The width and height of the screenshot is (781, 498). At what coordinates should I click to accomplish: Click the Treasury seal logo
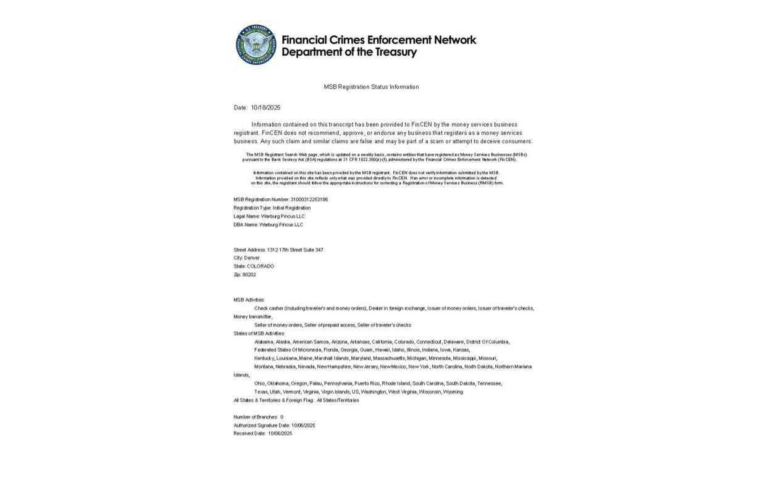256,45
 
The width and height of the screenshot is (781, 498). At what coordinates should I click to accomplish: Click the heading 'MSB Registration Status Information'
371,87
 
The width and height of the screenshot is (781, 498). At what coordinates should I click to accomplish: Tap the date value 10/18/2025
265,108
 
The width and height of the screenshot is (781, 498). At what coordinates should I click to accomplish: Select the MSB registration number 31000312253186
309,200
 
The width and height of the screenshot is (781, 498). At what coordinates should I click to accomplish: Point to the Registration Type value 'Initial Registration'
291,208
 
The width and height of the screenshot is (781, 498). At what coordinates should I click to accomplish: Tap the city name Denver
252,258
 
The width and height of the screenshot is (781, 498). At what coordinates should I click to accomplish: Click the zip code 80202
249,275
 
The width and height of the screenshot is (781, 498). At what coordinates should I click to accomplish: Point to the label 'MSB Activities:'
249,300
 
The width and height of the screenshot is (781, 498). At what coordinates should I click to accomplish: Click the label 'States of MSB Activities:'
259,334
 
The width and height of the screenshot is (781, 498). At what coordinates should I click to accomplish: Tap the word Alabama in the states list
264,342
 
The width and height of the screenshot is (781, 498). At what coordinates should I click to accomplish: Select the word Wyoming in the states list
453,392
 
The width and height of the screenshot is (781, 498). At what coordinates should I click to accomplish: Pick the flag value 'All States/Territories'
338,400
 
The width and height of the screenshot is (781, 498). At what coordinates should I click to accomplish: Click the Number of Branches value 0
282,417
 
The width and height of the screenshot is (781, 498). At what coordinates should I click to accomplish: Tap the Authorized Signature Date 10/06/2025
303,426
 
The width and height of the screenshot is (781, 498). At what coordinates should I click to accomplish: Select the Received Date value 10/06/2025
280,434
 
